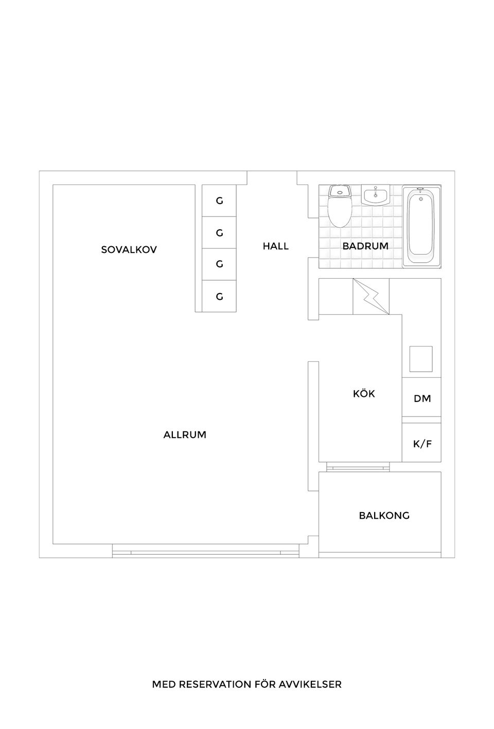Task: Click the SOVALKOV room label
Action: (x=129, y=250)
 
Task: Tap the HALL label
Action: (x=275, y=246)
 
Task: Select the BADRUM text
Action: (x=365, y=246)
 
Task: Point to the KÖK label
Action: (x=364, y=393)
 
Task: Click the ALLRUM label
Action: (x=185, y=435)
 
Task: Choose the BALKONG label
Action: (x=384, y=516)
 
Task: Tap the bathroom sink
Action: (x=375, y=195)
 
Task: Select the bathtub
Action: (x=421, y=227)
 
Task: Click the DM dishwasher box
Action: (x=421, y=397)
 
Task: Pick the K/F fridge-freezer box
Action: (x=421, y=442)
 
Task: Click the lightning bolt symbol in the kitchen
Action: (x=370, y=297)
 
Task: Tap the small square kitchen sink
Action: (x=421, y=359)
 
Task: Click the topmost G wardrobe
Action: (x=219, y=201)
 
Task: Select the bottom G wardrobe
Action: (x=219, y=296)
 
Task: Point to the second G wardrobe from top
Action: (x=219, y=233)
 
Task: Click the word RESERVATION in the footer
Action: (x=215, y=684)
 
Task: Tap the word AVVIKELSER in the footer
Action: (x=310, y=684)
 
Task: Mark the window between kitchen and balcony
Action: (x=358, y=467)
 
